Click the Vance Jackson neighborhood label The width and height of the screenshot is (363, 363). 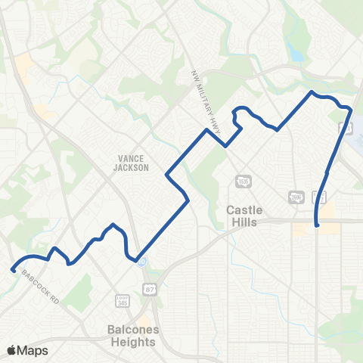coord(133,163)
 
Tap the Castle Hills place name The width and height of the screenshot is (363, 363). coord(242,216)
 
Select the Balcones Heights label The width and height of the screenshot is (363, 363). coord(132,337)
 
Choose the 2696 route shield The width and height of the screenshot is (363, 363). coord(295,197)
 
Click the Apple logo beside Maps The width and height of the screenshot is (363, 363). coord(12,350)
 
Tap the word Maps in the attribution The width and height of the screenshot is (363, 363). coord(33,350)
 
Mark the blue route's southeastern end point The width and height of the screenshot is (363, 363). coord(317,225)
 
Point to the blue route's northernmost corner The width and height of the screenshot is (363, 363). coord(312,92)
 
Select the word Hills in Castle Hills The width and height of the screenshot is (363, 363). coord(244,222)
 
